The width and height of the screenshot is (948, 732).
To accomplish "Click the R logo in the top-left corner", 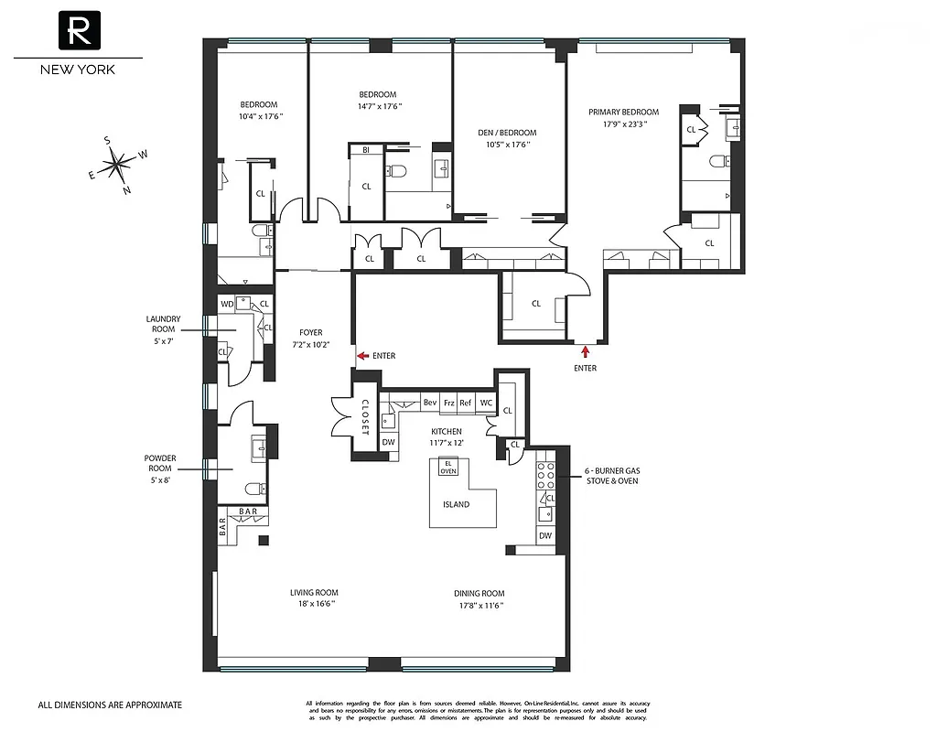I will click(x=78, y=31).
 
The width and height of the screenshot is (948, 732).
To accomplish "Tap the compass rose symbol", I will click(x=117, y=166).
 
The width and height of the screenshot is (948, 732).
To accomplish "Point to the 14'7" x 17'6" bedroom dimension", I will click(x=378, y=106).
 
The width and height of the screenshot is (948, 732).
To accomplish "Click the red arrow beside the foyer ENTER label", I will click(x=362, y=355).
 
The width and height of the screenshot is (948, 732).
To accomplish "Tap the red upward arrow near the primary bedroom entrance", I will click(x=585, y=349).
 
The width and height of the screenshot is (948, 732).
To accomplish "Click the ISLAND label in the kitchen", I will click(x=456, y=504).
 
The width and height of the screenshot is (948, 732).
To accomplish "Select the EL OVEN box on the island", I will click(x=448, y=468).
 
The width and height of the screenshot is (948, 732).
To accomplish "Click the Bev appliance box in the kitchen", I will click(x=429, y=403).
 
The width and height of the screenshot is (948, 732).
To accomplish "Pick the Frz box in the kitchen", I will click(x=448, y=403).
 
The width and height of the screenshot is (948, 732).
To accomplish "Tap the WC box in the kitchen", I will click(x=486, y=403).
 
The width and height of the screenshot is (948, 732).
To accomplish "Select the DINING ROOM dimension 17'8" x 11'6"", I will click(x=479, y=605).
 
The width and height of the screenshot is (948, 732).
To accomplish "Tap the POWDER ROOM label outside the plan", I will click(x=160, y=463).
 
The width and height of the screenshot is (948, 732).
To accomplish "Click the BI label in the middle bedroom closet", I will click(x=366, y=149).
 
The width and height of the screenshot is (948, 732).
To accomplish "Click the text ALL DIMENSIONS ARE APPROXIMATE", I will click(x=110, y=705).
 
